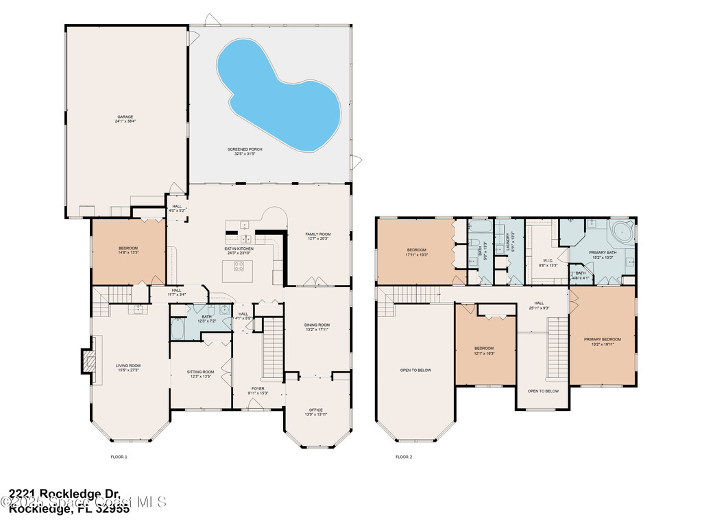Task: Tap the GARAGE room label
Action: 125,117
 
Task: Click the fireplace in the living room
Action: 88,360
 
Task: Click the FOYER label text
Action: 258,388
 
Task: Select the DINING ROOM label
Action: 317,325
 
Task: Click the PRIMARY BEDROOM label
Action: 603,339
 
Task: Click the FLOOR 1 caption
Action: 119,457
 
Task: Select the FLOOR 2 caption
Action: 404,457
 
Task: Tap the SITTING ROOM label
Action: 201,372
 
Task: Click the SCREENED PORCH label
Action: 245,149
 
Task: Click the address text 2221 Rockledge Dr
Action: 65,494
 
